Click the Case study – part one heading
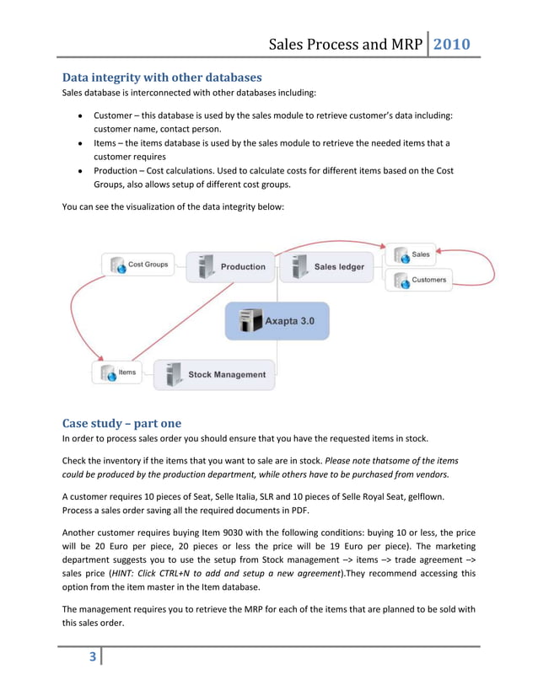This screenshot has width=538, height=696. [121, 422]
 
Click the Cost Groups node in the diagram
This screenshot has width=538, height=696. [137, 265]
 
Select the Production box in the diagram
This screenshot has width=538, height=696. [230, 267]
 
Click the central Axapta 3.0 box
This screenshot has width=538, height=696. [276, 321]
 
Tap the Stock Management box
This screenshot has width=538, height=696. [214, 374]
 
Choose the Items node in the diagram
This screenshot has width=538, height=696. [117, 372]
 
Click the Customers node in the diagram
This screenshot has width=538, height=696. [420, 280]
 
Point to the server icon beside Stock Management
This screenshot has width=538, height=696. [174, 374]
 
